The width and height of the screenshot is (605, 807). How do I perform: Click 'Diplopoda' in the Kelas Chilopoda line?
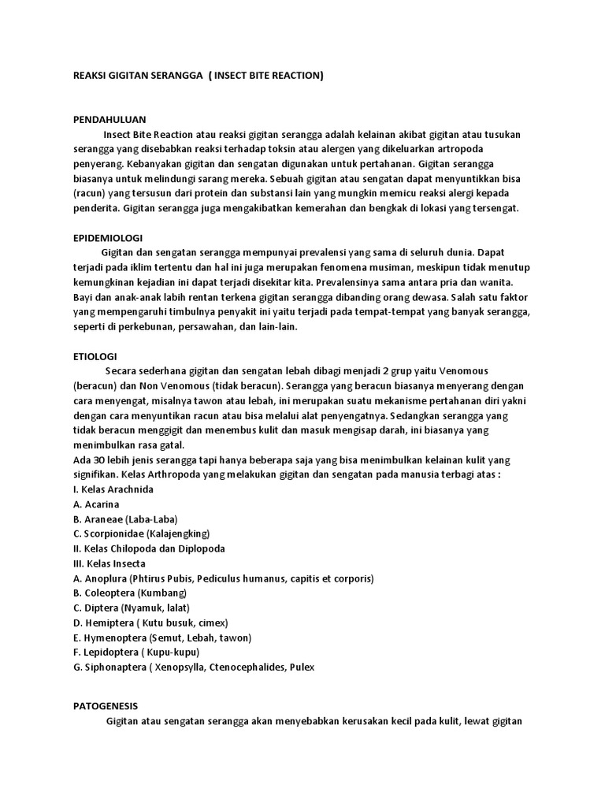(201, 549)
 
